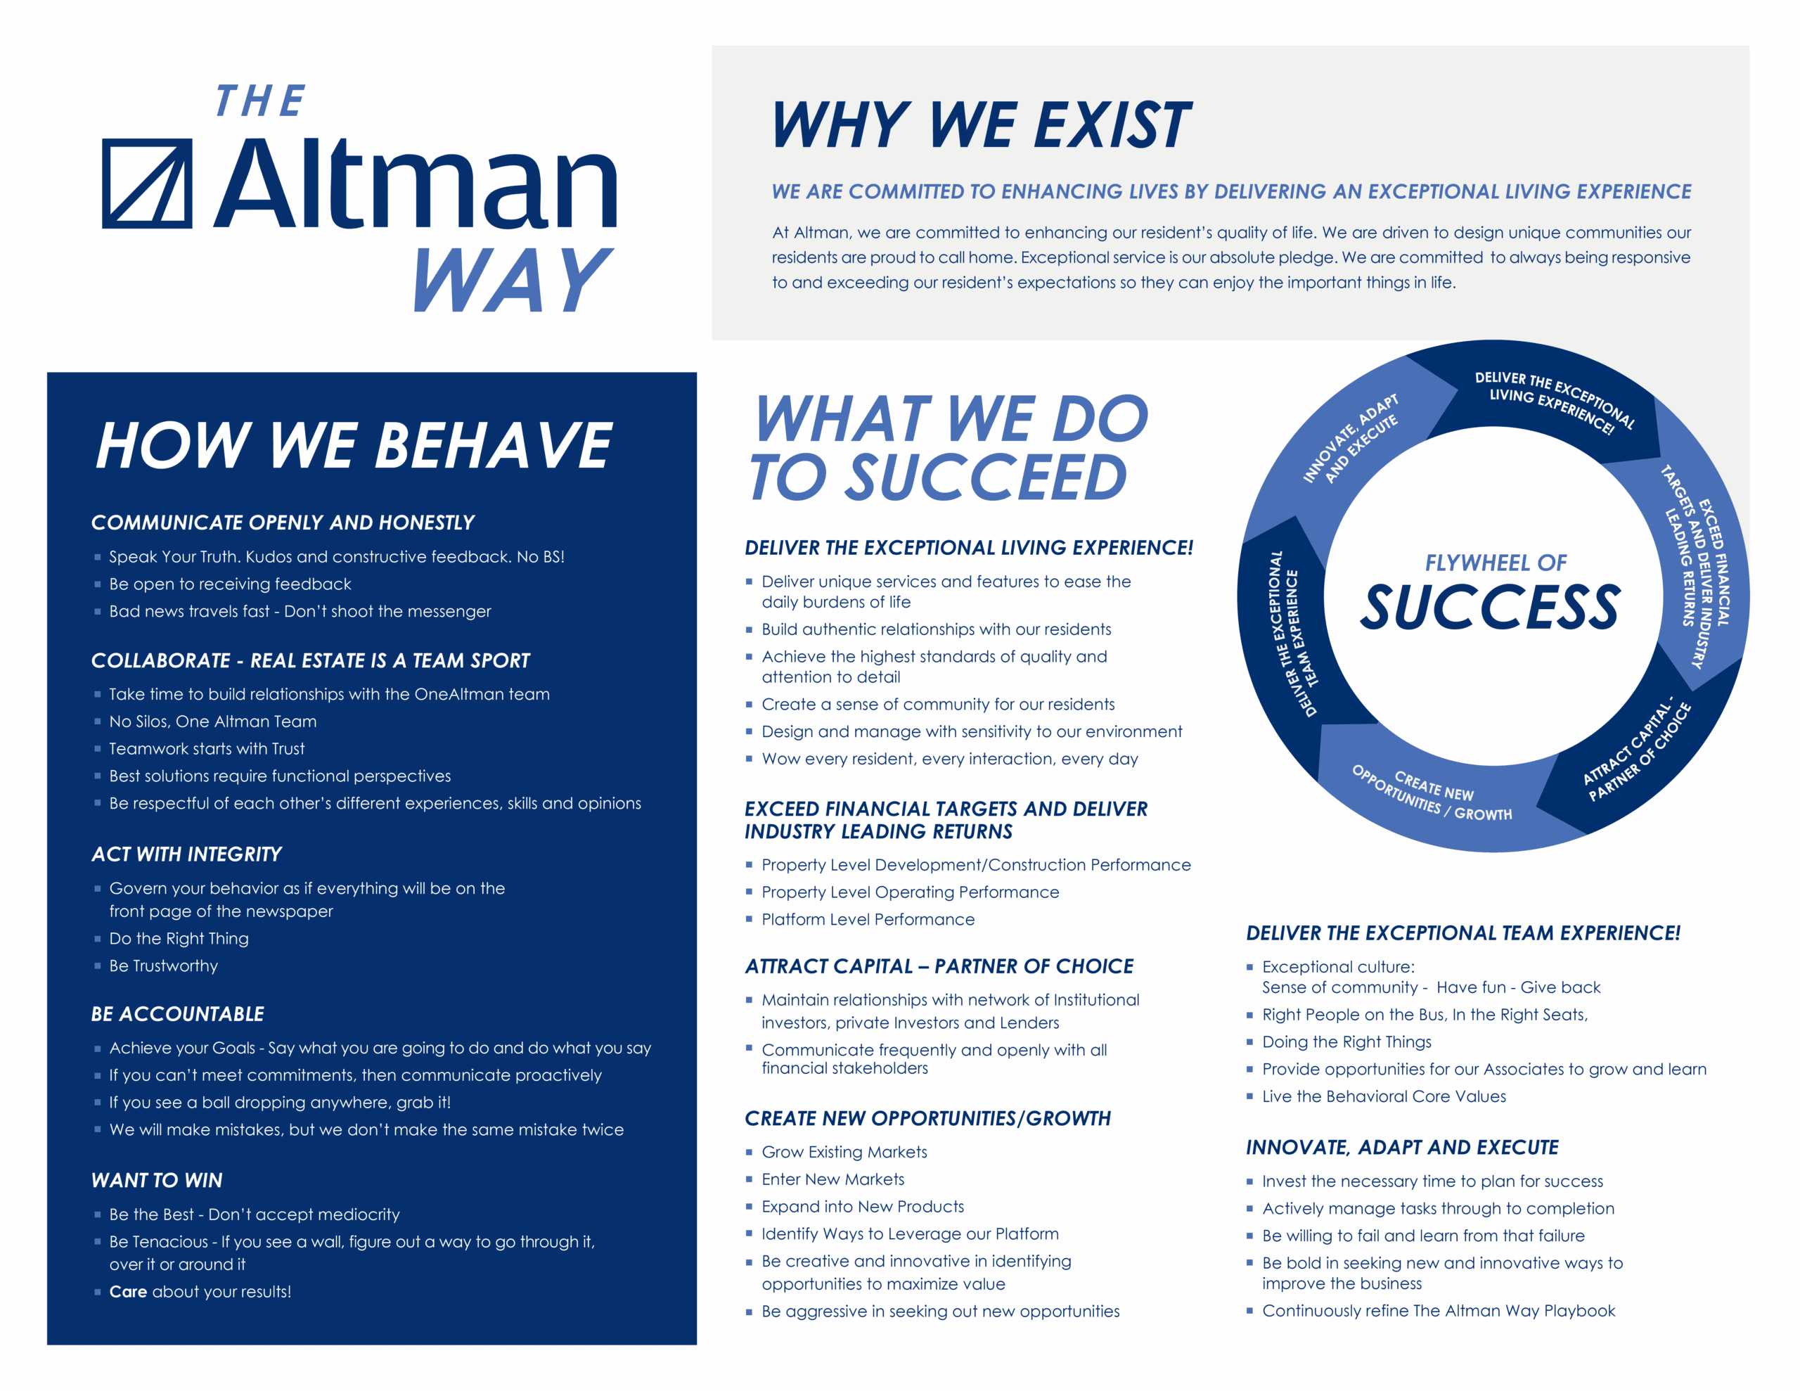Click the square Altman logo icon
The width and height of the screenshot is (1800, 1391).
(147, 183)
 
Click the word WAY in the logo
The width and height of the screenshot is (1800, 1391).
(513, 281)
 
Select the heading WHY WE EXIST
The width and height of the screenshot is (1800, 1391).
(981, 124)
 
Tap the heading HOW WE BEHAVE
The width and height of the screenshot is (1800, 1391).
(354, 445)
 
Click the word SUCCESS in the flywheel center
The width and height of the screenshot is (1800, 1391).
(1489, 607)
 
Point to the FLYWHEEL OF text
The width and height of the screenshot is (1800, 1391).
(1495, 563)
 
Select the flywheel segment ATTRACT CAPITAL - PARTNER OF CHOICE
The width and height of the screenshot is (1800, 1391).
(1636, 750)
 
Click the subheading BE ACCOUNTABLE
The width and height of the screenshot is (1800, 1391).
(178, 1013)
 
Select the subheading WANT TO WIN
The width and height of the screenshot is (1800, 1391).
(157, 1180)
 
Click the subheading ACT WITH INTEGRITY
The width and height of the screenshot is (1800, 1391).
(186, 854)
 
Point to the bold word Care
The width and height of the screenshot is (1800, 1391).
(128, 1291)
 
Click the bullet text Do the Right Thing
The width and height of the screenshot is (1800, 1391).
(179, 938)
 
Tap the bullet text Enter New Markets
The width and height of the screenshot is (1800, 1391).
(832, 1179)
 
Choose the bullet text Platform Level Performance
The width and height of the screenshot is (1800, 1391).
(868, 919)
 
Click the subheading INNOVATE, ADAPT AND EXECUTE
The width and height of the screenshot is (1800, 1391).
(1402, 1147)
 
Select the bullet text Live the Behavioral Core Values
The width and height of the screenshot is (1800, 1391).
(1384, 1096)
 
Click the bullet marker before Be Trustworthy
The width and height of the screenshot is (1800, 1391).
(97, 966)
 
